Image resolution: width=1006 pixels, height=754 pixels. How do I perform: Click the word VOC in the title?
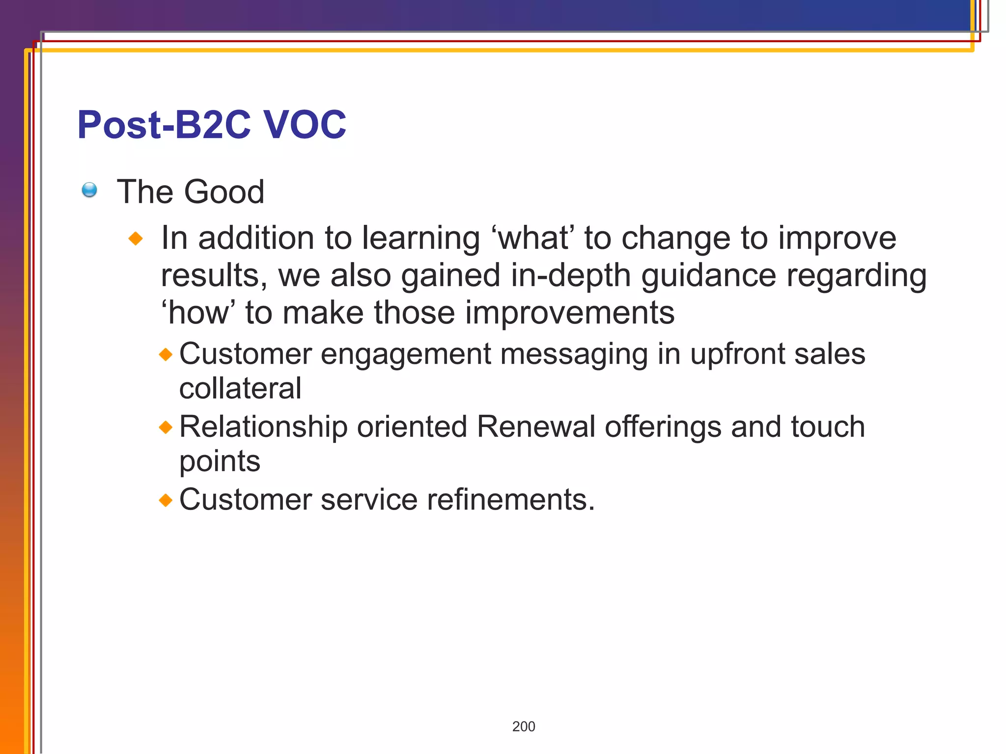pyautogui.click(x=305, y=125)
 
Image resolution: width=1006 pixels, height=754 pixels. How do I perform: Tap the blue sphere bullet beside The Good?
pyautogui.click(x=89, y=189)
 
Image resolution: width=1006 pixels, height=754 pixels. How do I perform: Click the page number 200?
pyautogui.click(x=524, y=727)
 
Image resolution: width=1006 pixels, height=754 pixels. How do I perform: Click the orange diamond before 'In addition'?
pyautogui.click(x=136, y=239)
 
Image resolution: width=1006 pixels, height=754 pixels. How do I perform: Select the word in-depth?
pyautogui.click(x=570, y=275)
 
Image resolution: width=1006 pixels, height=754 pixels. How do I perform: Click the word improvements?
pyautogui.click(x=569, y=313)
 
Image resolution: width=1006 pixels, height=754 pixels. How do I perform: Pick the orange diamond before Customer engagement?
pyautogui.click(x=166, y=354)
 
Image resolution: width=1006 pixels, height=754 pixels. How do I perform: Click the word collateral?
pyautogui.click(x=240, y=388)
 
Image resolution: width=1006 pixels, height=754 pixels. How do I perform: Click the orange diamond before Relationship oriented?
pyautogui.click(x=166, y=427)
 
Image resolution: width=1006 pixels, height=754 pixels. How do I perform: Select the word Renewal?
pyautogui.click(x=536, y=427)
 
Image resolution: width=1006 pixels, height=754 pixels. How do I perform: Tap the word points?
pyautogui.click(x=220, y=462)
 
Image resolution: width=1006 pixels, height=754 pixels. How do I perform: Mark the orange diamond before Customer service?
pyautogui.click(x=166, y=500)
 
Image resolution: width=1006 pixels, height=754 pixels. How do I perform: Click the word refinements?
pyautogui.click(x=510, y=500)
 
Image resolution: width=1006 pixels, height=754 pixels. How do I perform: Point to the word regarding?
pyautogui.click(x=856, y=275)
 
